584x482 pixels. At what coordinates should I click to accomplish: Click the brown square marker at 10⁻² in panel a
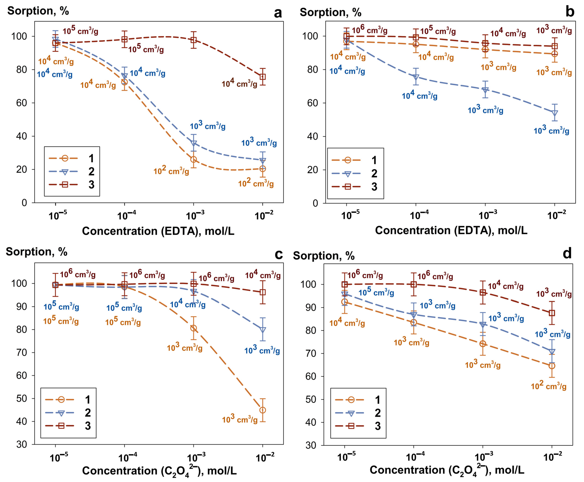[263, 77]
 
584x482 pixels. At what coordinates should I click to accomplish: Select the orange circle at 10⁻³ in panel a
[194, 159]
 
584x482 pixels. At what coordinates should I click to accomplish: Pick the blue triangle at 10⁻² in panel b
[555, 113]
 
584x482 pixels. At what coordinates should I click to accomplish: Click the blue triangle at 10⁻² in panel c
[263, 330]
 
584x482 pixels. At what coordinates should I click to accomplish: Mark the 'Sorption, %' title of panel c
[37, 252]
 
